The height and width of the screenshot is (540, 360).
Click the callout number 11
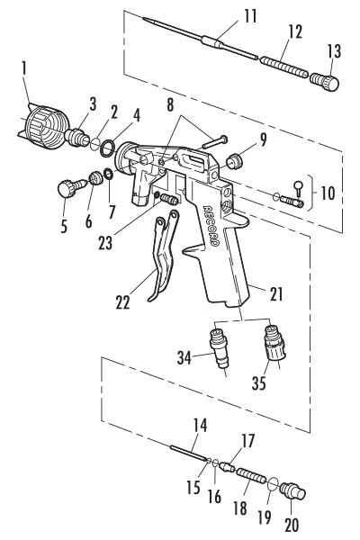250,16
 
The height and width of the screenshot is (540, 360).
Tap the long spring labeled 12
283,67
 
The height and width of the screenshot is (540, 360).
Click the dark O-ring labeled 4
107,148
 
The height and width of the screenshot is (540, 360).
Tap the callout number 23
105,242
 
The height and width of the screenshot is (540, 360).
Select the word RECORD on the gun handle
211,226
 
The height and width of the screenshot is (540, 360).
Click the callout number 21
276,293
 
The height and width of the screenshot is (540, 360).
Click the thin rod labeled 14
190,453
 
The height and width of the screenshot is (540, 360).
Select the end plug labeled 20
292,491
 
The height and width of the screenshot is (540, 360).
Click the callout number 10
328,193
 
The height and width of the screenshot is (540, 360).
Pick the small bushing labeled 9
235,161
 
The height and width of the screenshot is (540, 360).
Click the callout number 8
170,105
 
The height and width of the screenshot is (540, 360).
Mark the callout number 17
247,441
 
